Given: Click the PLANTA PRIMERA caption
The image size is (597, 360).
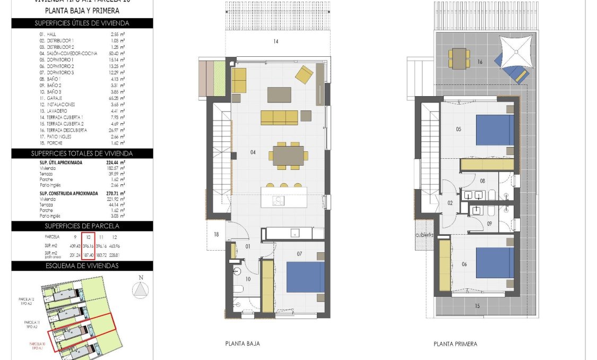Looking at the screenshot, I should (455, 344).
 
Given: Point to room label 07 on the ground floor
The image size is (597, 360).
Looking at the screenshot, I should (299, 254).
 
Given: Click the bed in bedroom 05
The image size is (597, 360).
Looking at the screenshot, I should (495, 130).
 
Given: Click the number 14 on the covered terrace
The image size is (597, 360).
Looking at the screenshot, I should (275, 41).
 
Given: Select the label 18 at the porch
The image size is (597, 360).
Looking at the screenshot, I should (216, 234).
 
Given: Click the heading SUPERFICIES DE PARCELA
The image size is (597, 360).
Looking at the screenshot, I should (82, 226).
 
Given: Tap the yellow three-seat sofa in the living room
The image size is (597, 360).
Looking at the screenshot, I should (279, 117).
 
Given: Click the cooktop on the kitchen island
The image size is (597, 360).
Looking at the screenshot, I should (278, 200).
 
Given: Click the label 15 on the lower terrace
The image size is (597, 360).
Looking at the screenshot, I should (477, 305).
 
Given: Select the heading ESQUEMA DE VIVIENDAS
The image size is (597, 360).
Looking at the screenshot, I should (82, 265).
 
